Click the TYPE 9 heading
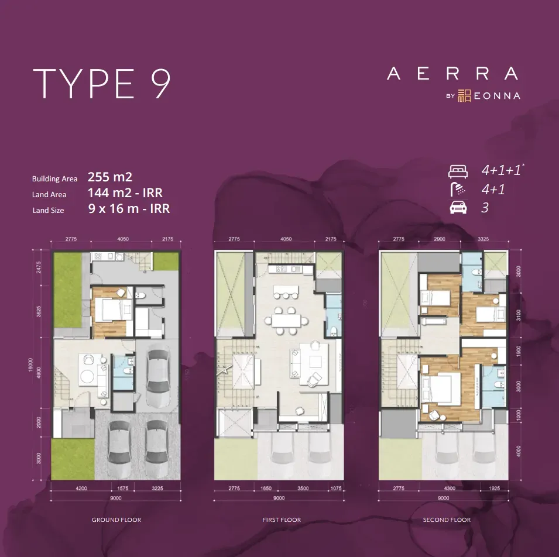[102, 84]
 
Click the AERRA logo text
[452, 74]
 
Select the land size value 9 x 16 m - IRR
[129, 209]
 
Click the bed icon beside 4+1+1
[458, 172]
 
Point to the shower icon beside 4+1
[458, 189]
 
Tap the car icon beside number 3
[458, 208]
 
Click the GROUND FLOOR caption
[116, 520]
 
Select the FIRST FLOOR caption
[282, 520]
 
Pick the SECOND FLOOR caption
[447, 520]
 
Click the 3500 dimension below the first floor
[303, 487]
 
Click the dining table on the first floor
[285, 320]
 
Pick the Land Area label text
[49, 195]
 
